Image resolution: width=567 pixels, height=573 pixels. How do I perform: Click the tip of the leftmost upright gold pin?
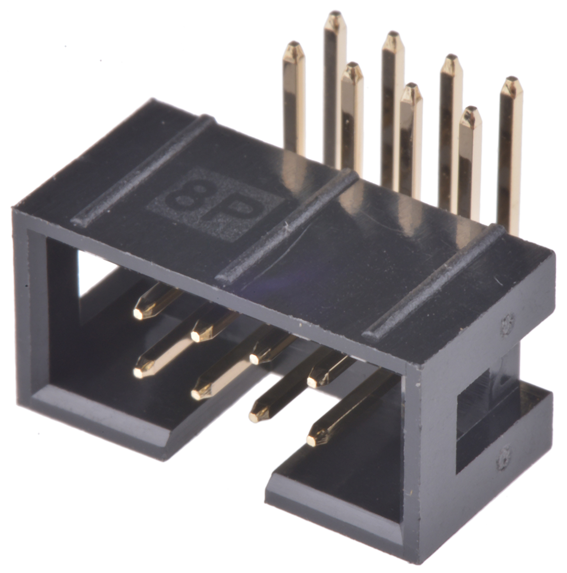(294, 44)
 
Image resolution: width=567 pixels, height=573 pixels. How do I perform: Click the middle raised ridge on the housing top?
(286, 226)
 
